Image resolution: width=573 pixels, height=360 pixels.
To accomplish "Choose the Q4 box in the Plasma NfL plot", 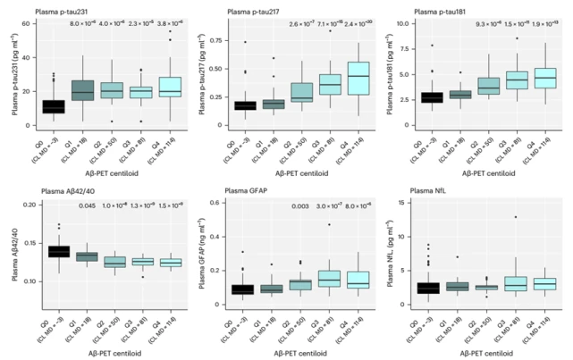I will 545,283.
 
